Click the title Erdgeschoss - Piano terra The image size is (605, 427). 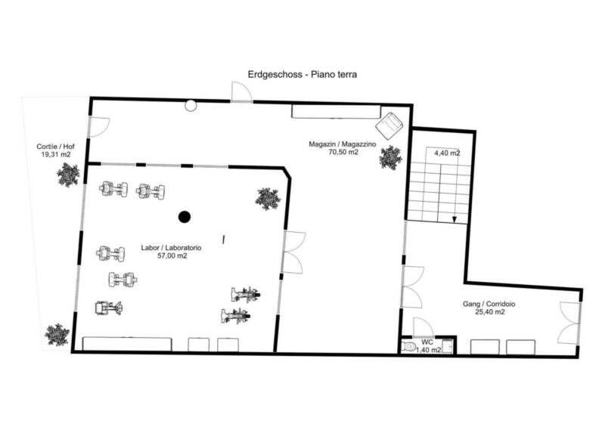coord(302,75)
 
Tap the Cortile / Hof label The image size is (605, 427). coord(55,147)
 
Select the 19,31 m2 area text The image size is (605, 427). coord(55,155)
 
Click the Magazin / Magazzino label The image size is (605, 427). coord(343,144)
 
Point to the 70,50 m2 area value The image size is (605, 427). coord(343,152)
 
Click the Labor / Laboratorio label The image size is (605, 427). coord(171,248)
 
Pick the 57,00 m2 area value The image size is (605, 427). coord(172,255)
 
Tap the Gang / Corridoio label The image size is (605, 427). coord(489,304)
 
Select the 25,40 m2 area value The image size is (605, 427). coord(489,312)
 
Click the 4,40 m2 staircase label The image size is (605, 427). coord(447,153)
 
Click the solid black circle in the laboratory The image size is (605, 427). coord(185,217)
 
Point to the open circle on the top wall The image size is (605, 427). coord(191,105)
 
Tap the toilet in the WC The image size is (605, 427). coord(407,346)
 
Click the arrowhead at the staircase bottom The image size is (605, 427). coord(455,219)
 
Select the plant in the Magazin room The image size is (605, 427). coord(390,157)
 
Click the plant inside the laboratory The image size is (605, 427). coord(268,199)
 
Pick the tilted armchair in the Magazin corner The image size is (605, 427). coord(389,125)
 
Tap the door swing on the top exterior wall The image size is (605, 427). coord(241,91)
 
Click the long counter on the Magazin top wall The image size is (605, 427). coord(336,112)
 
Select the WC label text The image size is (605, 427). coord(427,342)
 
